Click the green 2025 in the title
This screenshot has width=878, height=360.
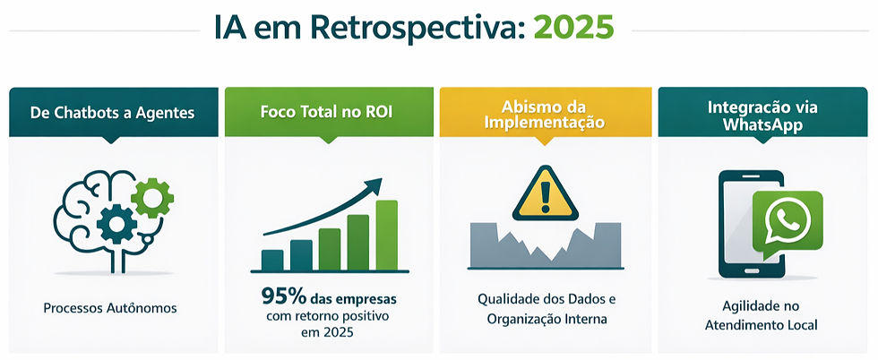pos(573,27)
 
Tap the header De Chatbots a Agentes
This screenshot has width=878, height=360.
pos(112,113)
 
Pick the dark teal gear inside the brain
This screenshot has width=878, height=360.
pos(116,223)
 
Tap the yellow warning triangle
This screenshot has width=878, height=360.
pos(545,193)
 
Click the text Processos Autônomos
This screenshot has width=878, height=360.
pos(110,308)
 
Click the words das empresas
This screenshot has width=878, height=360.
pos(354,296)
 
